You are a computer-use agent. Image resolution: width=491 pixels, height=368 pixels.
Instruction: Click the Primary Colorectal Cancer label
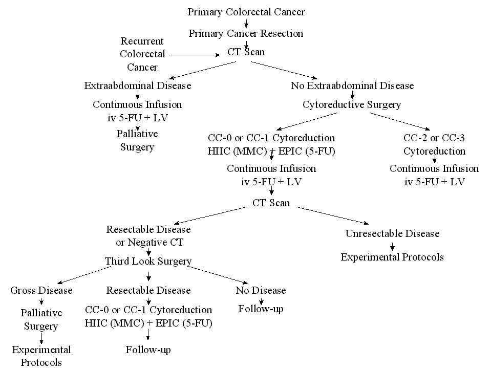246,12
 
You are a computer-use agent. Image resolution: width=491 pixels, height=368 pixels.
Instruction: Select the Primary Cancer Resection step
246,33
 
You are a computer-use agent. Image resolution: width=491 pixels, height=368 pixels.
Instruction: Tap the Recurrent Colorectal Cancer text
142,54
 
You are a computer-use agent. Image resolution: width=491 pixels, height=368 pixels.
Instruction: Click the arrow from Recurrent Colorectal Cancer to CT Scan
195,55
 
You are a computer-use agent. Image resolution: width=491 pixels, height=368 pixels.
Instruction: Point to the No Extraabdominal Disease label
352,86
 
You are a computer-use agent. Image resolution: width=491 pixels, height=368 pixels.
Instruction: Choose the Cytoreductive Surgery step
352,105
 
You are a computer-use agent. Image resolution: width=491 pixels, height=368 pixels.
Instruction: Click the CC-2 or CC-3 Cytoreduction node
434,144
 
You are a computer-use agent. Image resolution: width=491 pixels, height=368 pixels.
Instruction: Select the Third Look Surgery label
148,262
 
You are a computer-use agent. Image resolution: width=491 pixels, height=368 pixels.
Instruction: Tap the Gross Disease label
41,290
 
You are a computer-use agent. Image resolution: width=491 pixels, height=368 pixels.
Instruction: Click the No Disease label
261,290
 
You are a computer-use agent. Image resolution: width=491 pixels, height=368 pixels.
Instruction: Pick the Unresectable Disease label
392,234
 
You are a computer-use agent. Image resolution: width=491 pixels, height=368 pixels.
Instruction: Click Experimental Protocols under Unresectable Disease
392,257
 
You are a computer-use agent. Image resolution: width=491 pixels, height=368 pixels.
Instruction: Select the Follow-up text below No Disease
261,309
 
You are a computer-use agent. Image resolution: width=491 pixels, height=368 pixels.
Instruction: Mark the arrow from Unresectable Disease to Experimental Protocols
392,247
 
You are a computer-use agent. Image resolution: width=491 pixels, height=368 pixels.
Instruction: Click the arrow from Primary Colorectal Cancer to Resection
246,24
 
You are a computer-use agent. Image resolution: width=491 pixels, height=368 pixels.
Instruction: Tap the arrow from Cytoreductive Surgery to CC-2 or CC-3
400,121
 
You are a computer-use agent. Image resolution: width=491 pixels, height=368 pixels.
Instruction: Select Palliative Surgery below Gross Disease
41,319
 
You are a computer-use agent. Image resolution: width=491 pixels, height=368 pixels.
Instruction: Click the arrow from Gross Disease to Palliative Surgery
41,301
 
